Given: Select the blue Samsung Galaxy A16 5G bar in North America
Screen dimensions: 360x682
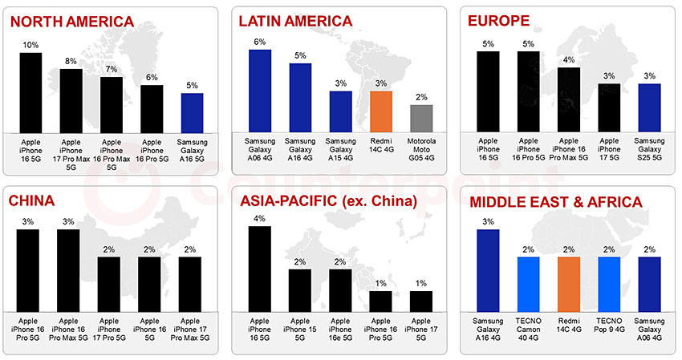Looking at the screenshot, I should pos(192,112).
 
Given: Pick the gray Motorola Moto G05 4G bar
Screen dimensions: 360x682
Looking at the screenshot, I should pos(421,118).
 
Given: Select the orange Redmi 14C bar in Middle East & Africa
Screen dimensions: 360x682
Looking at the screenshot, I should pos(569,284).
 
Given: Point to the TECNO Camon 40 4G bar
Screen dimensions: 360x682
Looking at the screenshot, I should pos(529,284).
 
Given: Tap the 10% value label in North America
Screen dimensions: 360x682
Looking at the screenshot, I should pos(30,46).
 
